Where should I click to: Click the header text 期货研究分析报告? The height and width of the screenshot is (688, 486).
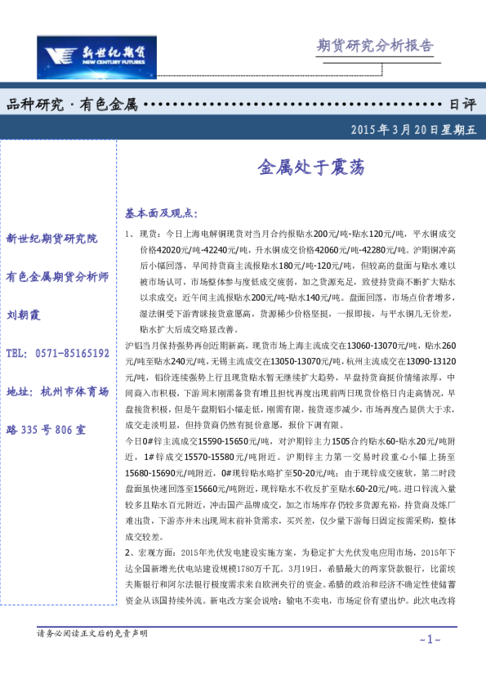(375, 45)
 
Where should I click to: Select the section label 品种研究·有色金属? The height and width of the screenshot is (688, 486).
(72, 105)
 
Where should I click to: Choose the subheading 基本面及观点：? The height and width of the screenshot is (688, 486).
(161, 213)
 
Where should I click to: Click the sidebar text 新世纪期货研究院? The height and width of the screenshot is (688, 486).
(51, 239)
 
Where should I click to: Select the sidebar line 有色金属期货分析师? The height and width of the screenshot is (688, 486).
(57, 277)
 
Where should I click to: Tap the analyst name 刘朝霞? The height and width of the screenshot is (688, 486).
(24, 315)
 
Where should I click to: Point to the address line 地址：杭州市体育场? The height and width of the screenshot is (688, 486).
(57, 392)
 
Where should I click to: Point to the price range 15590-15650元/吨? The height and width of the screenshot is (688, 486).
(213, 440)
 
